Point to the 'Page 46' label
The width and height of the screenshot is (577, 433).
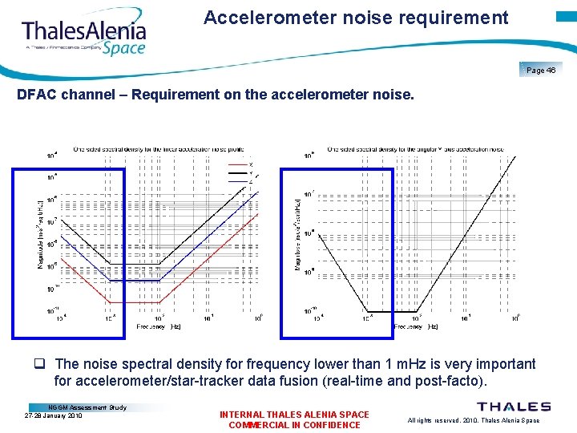click(541, 71)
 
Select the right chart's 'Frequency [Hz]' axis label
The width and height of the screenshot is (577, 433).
click(416, 326)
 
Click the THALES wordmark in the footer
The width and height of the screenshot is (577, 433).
click(514, 407)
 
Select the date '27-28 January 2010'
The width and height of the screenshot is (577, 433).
click(54, 416)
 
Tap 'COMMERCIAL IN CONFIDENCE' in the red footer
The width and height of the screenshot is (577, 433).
click(294, 425)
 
